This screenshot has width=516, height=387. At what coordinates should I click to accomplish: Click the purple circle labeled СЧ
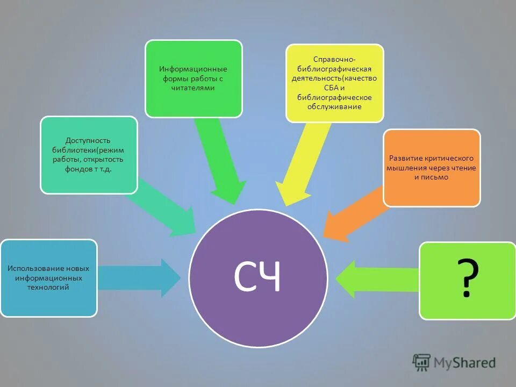point(259,277)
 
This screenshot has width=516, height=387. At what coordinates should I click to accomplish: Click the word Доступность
point(89,141)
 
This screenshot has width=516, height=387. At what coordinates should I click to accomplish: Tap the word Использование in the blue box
point(33,268)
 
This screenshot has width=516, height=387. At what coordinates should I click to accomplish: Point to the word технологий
point(49,288)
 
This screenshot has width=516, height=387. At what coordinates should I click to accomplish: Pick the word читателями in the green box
point(193,88)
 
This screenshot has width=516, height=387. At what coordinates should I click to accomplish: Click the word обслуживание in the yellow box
point(334,106)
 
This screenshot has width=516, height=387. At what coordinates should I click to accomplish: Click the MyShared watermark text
point(465,363)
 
